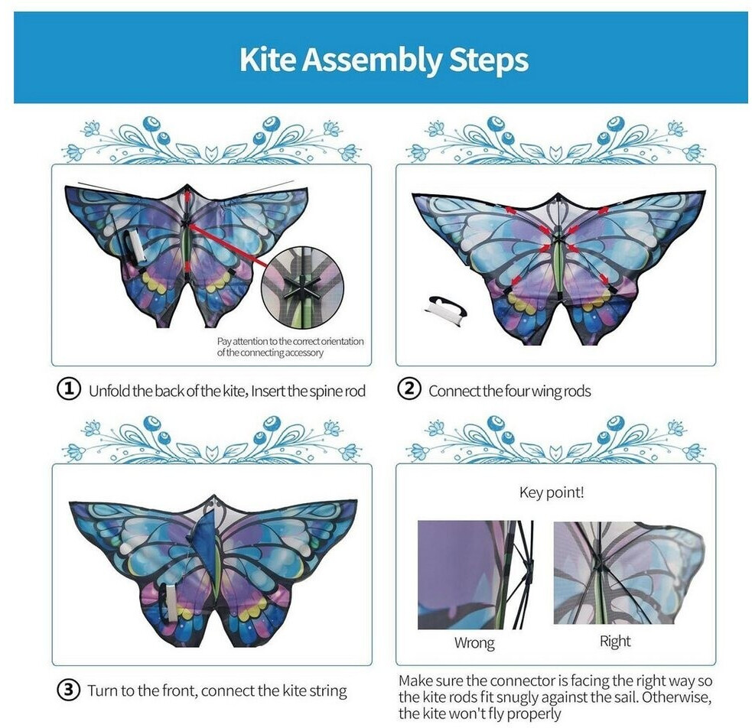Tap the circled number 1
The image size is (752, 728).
point(69,388)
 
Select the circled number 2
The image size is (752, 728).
point(409,388)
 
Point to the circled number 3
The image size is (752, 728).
point(69,690)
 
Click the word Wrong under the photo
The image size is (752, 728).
point(474,642)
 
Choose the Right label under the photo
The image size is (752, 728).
point(615,642)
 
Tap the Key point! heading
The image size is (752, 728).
point(552,492)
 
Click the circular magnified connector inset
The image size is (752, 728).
point(302,284)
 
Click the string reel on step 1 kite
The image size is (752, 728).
point(135,247)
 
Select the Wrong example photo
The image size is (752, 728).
point(475,574)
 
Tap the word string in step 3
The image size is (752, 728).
point(328,691)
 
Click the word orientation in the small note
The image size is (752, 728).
point(339,341)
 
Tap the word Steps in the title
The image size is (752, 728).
point(489,61)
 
